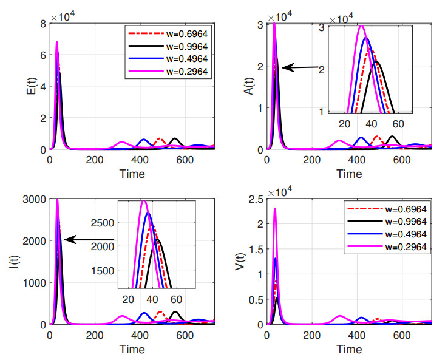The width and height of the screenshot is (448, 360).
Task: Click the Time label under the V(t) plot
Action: point(350,350)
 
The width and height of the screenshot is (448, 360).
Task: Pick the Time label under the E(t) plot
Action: point(132,174)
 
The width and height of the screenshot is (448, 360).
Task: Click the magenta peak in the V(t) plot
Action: point(275,209)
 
